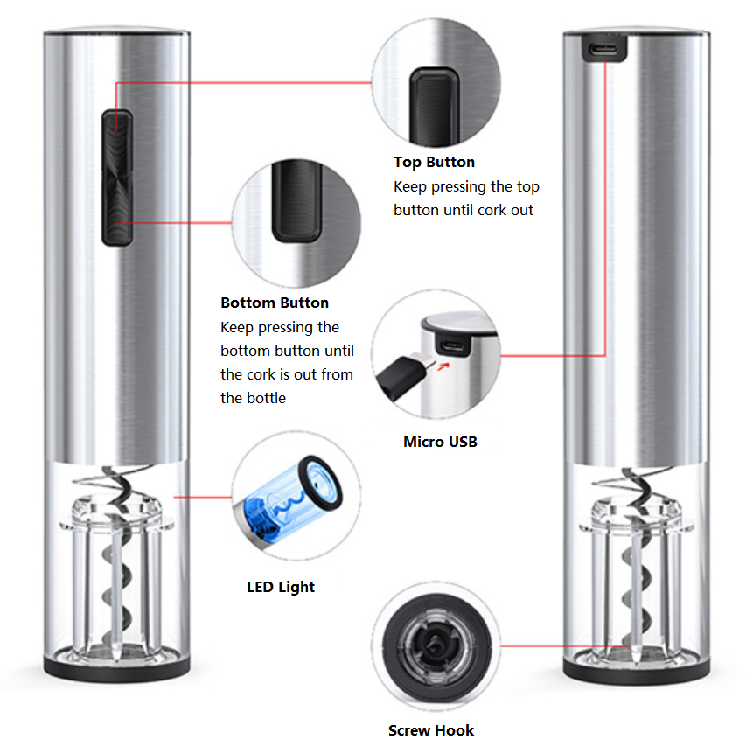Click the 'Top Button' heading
[434, 162]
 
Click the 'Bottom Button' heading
[275, 303]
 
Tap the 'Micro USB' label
[440, 442]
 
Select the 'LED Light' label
[281, 587]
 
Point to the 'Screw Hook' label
[431, 730]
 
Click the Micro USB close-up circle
[436, 355]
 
